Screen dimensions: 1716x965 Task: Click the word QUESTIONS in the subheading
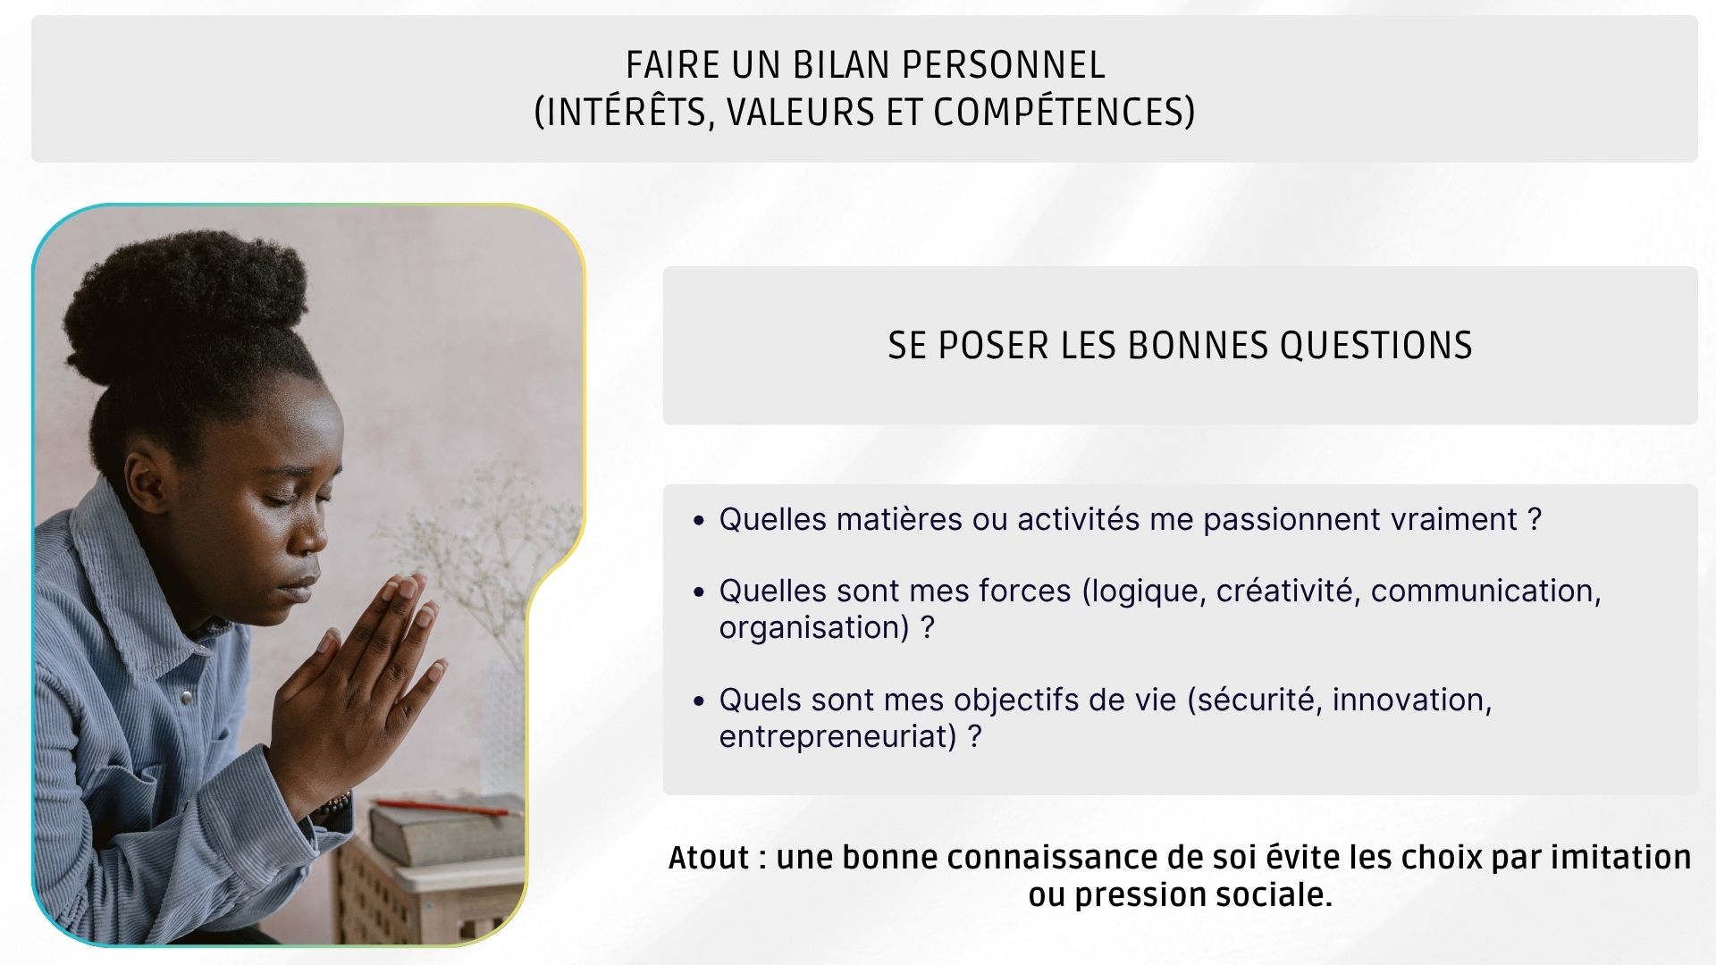click(1375, 346)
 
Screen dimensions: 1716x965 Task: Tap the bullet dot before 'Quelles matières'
click(699, 521)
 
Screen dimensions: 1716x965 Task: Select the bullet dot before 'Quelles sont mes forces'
click(699, 592)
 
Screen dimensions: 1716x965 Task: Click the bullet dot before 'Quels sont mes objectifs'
click(699, 701)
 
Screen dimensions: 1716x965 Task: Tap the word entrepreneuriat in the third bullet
click(837, 737)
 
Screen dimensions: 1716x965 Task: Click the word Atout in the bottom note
click(709, 858)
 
